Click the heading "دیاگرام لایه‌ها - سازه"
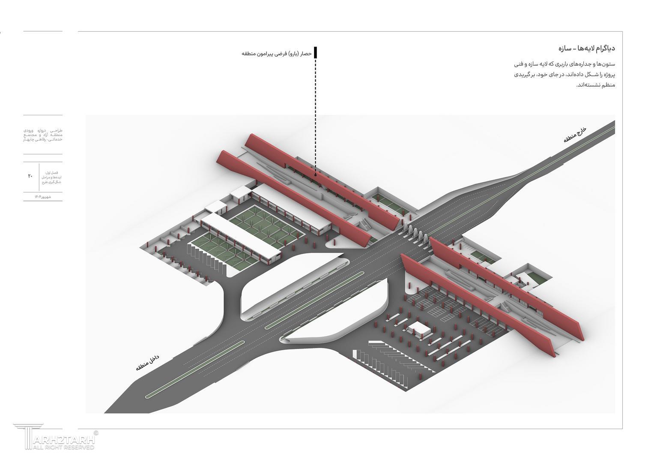tap(587, 48)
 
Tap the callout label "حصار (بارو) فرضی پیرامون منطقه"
tap(277, 54)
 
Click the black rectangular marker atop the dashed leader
tap(316, 52)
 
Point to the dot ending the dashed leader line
tap(316, 175)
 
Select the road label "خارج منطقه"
tap(574, 135)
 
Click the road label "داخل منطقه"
tap(147, 363)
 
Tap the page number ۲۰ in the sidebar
tap(30, 176)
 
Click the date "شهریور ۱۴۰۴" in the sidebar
tap(43, 197)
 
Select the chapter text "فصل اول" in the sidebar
tap(54, 172)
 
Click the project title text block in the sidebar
tap(43, 134)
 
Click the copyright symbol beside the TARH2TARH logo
tap(96, 433)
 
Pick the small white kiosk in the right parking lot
tap(420, 330)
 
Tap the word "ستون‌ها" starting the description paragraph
tap(607, 64)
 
